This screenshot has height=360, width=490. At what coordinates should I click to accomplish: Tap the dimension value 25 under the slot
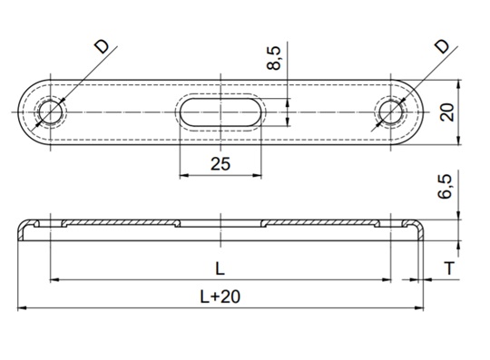[x=220, y=164]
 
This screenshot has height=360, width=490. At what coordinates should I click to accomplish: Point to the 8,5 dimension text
[x=274, y=58]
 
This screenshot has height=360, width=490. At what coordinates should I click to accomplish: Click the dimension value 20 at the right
[x=446, y=112]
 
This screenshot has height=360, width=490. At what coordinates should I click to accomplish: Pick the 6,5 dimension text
[x=445, y=187]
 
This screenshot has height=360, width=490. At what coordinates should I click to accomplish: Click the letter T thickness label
[x=449, y=268]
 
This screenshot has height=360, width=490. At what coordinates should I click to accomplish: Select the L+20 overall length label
[x=220, y=297]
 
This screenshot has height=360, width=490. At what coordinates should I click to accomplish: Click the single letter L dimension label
[x=220, y=268]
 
